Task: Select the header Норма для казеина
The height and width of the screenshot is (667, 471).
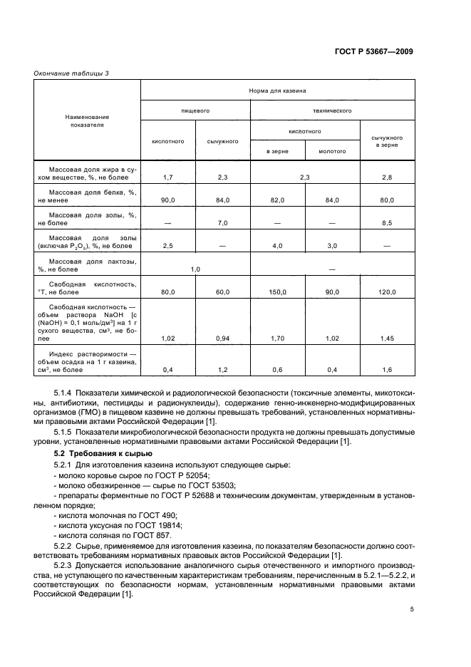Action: click(277, 91)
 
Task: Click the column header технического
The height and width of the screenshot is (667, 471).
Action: click(332, 111)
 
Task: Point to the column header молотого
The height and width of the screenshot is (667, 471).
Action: click(332, 151)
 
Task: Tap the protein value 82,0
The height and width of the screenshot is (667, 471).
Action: click(277, 200)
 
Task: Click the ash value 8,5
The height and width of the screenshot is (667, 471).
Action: click(387, 224)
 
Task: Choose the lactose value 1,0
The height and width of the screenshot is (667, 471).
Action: click(195, 270)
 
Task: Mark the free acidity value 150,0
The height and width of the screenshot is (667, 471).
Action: click(277, 292)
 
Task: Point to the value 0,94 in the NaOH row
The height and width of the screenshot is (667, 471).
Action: click(222, 339)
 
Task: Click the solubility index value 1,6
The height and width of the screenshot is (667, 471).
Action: click(387, 369)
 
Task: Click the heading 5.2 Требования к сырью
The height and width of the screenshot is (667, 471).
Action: click(99, 454)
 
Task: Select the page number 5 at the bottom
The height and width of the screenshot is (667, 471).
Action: click(411, 609)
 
